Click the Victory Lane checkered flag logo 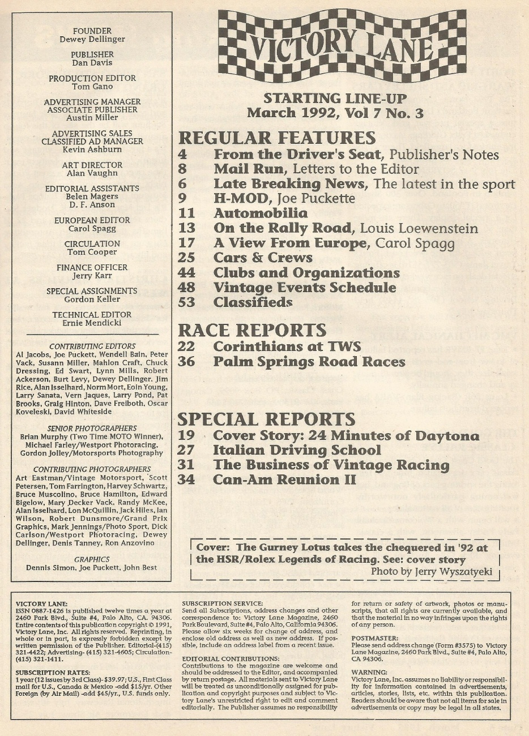pos(342,45)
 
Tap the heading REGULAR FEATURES pos(277,138)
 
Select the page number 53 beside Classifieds pos(186,302)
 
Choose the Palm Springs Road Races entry pos(309,361)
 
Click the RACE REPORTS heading pos(252,330)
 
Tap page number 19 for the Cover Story pos(186,435)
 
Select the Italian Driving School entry pos(297,450)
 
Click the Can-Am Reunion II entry pos(284,480)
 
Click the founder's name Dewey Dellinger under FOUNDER pos(92,40)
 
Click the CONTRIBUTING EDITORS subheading pos(92,346)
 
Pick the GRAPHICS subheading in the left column pos(92,559)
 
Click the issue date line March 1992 pos(335,113)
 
